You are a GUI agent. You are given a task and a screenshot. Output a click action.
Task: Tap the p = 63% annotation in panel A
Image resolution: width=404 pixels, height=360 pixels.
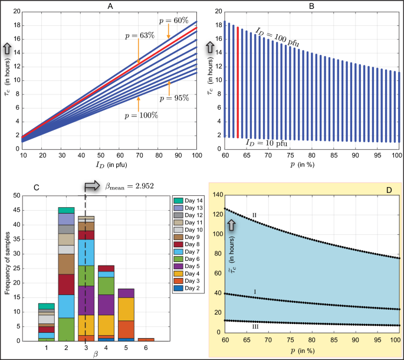(x=140, y=36)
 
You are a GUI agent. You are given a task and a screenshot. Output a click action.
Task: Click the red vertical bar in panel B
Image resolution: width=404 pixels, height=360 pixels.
(x=238, y=82)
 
